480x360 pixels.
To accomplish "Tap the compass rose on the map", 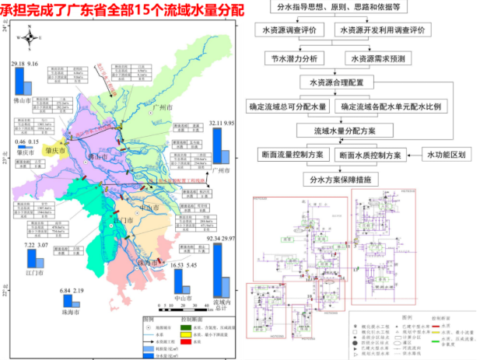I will [x=30, y=35].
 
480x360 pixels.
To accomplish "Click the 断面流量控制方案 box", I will [x=293, y=156].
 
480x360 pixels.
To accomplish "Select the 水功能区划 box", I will [x=446, y=155].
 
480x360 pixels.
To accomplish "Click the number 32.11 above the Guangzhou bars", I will [x=215, y=123].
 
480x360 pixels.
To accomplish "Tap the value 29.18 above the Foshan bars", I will [x=18, y=63].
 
